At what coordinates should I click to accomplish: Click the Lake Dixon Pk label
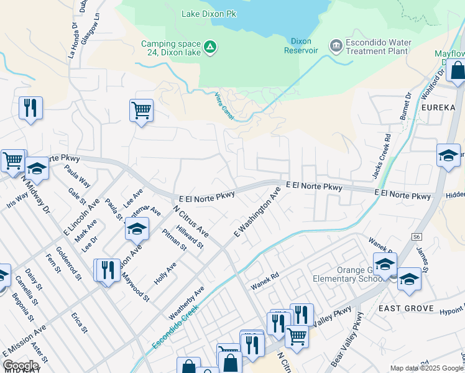210,13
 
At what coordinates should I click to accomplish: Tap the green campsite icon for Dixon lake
210,47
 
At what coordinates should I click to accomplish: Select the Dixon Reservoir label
302,45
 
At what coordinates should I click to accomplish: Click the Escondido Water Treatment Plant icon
336,46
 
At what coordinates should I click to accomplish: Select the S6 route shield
416,237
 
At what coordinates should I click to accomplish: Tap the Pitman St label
174,239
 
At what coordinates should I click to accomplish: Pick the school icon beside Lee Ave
137,229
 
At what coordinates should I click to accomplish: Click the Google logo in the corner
21,366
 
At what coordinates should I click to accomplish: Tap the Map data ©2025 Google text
426,368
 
